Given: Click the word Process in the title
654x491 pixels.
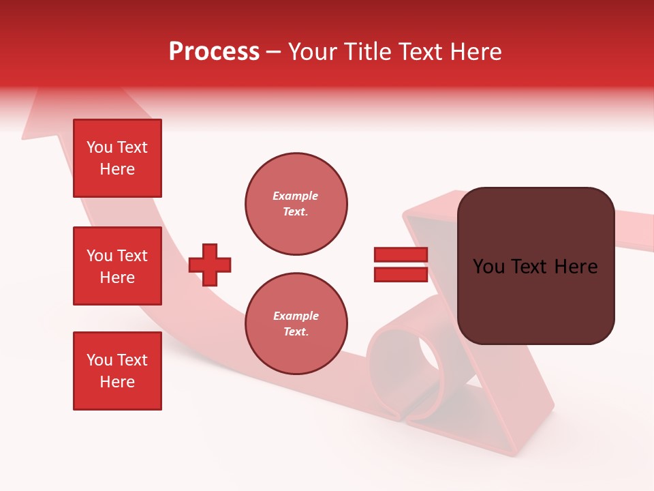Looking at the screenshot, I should coord(214,52).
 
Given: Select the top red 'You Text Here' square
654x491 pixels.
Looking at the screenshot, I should coord(117,158).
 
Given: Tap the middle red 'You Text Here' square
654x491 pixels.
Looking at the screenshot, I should coord(117,266).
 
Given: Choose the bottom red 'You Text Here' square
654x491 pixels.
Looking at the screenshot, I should coord(117,371).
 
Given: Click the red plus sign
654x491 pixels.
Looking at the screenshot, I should coord(210,265).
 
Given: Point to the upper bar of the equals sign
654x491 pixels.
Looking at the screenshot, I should coord(401,255).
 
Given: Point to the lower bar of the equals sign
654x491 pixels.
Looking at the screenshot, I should coord(401,274).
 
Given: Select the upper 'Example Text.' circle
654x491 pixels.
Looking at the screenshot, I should coord(296,204).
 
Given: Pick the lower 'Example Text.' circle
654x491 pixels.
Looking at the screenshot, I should coord(296,324).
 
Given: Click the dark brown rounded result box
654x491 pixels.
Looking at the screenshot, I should coord(535,300).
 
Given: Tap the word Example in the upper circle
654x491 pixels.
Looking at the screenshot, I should coord(295,196).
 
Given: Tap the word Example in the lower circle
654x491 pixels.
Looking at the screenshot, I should coord(295,316).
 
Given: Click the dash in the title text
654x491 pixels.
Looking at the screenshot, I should coord(274,52).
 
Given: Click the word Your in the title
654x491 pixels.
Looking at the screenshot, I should coord(311,52).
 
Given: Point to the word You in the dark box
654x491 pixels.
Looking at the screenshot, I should coord(489,267).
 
